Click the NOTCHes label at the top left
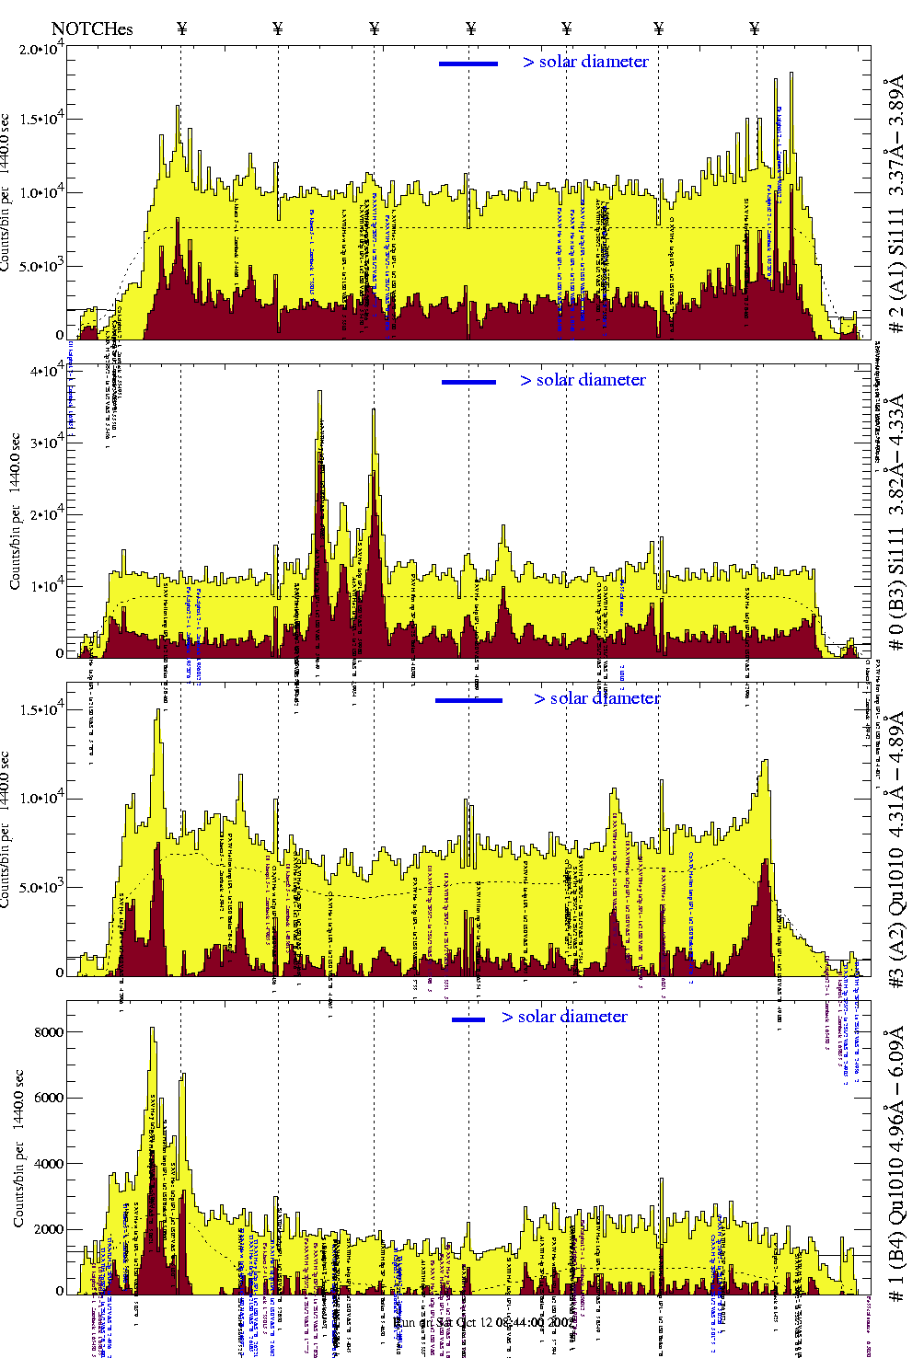coord(92,29)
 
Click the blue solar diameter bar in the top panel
coord(468,63)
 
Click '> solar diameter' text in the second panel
coord(583,380)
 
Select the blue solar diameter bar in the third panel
coord(468,700)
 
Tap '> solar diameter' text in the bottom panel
coord(565,1017)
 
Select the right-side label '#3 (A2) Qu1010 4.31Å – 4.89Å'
coord(895,837)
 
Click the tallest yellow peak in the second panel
coord(319,394)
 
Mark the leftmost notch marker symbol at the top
coord(181,29)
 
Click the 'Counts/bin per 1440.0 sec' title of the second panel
coord(16,511)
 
